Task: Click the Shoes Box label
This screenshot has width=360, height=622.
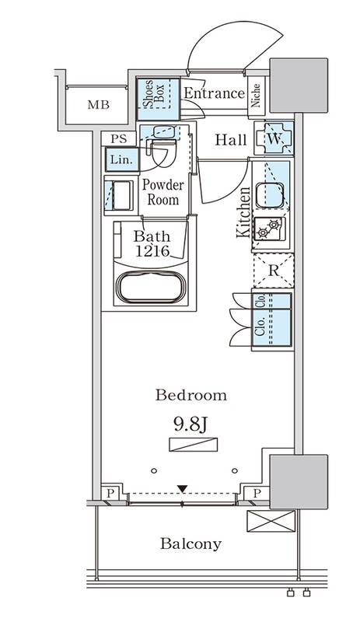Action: tap(153, 93)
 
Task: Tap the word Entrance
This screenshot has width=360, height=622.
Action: tap(215, 93)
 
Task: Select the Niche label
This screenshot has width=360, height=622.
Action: tap(255, 95)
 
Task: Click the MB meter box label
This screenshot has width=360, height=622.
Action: tap(99, 105)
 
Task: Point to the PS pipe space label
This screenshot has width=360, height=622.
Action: tap(119, 139)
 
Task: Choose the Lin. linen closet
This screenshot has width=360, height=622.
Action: tap(122, 159)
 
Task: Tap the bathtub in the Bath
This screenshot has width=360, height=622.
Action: tap(151, 287)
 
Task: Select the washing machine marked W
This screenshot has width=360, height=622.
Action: tap(274, 138)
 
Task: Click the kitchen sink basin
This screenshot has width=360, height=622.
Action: tap(270, 195)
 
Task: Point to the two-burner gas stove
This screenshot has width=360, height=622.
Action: tap(270, 229)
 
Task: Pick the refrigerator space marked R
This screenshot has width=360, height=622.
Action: tap(274, 271)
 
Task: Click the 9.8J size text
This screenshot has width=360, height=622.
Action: tap(191, 425)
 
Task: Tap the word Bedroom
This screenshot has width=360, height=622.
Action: tap(191, 395)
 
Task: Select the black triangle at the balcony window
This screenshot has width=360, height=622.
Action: tap(182, 489)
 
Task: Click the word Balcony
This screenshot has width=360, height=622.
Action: tap(190, 543)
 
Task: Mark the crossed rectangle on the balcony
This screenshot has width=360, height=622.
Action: tap(271, 521)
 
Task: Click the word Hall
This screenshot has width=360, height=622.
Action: tap(231, 140)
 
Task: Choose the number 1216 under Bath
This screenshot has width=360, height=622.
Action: tap(153, 251)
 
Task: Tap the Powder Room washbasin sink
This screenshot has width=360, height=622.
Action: tap(163, 131)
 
